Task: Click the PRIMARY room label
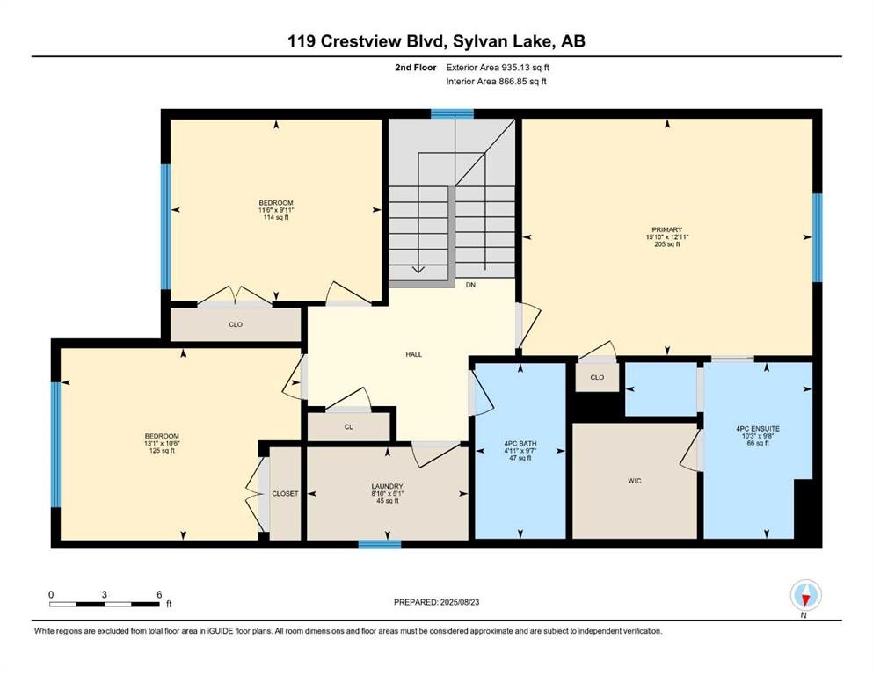click(667, 229)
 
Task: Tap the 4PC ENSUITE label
click(758, 429)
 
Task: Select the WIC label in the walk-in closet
click(634, 480)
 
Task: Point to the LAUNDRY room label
click(387, 486)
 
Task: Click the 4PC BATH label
click(520, 444)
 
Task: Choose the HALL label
click(414, 354)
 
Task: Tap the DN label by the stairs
click(470, 285)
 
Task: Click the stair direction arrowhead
click(418, 270)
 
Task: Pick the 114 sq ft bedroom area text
click(276, 218)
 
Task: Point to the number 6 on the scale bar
click(159, 594)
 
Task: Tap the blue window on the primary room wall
click(817, 237)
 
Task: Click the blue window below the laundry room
click(380, 544)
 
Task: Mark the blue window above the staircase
click(452, 114)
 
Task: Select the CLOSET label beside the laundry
click(285, 494)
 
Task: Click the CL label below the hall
click(348, 427)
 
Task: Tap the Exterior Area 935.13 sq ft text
click(498, 68)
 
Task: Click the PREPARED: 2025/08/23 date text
click(436, 602)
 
